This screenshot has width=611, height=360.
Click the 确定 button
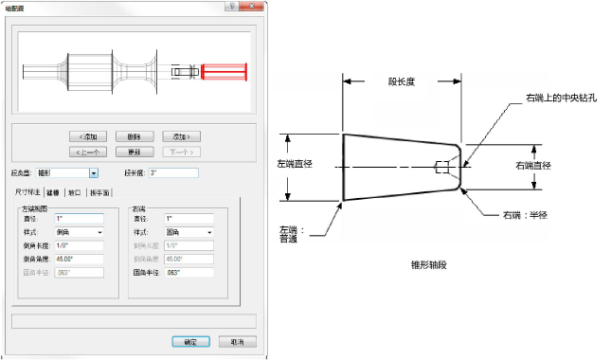pyautogui.click(x=190, y=342)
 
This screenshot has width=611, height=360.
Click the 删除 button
pyautogui.click(x=135, y=136)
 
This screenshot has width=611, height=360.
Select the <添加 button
pyautogui.click(x=89, y=136)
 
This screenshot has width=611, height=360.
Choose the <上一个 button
pyautogui.click(x=89, y=152)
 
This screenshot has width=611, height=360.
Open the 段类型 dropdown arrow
pyautogui.click(x=94, y=173)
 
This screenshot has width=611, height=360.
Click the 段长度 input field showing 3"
pyautogui.click(x=172, y=173)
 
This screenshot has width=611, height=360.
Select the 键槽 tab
pyautogui.click(x=53, y=192)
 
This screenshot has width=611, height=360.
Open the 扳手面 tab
pyautogui.click(x=99, y=192)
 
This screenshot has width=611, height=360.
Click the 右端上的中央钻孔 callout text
pyautogui.click(x=560, y=98)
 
